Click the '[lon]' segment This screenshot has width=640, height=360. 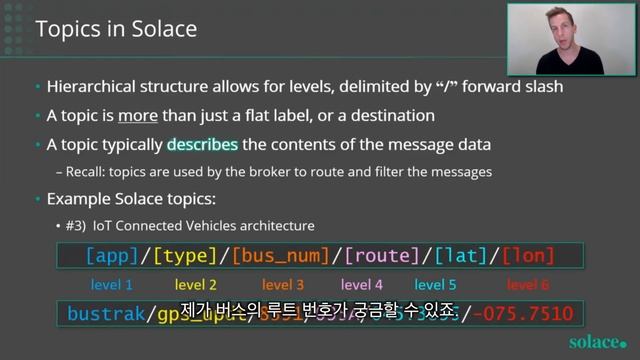[527, 256]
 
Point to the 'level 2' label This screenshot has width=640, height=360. [195, 285]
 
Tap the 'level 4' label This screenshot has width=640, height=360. [362, 285]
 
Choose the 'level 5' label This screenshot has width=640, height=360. [435, 285]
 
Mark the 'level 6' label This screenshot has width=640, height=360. [527, 285]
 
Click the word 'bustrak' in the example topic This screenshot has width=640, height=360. [106, 315]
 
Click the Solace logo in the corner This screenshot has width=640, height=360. [597, 341]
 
